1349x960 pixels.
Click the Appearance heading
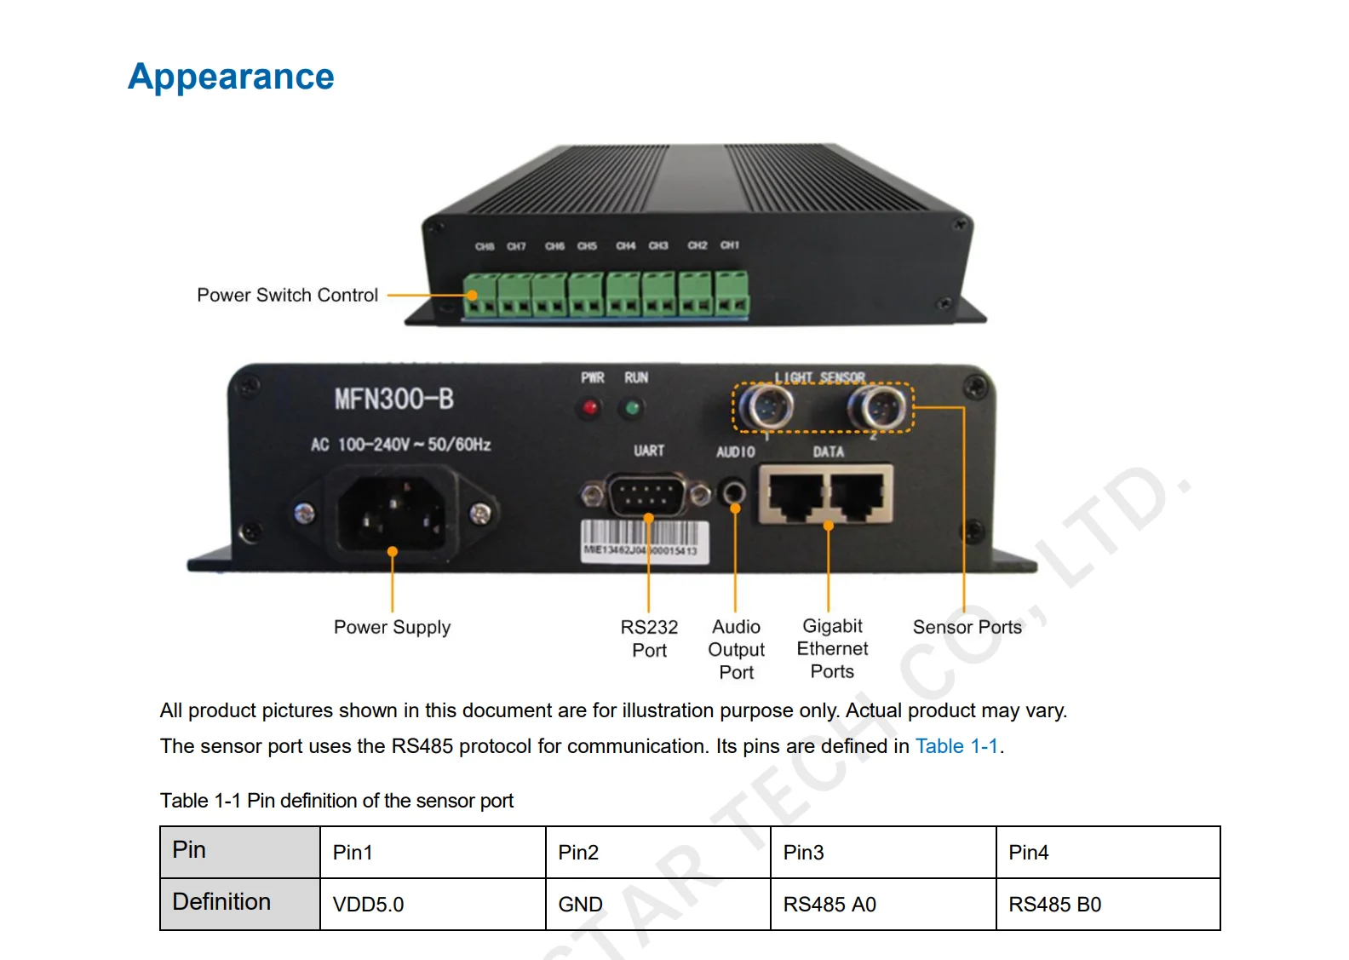pos(231,77)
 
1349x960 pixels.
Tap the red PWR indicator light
pos(589,409)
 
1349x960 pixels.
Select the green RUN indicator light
pos(632,409)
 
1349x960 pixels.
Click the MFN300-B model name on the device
pos(393,399)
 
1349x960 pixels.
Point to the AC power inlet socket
pos(393,512)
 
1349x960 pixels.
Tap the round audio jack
pos(733,491)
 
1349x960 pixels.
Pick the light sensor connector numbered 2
pos(877,408)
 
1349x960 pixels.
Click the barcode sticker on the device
pos(645,540)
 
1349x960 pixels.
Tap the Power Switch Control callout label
pos(287,296)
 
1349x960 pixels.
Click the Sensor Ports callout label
pos(967,628)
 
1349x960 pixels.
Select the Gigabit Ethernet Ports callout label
pos(832,648)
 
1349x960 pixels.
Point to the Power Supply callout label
pos(392,628)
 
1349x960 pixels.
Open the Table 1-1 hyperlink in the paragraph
pos(956,746)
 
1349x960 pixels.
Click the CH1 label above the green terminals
pos(730,245)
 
